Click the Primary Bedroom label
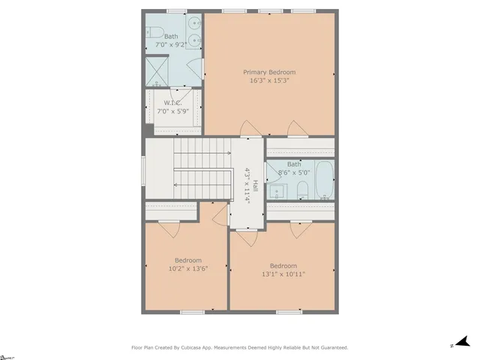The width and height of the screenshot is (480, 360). tap(268, 72)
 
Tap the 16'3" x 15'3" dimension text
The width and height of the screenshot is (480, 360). tap(268, 80)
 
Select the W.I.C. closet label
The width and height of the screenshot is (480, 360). tap(172, 103)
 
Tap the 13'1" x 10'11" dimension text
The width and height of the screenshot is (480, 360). tap(283, 274)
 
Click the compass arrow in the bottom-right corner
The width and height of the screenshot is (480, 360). tap(462, 342)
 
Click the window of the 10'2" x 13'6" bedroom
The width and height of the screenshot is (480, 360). tap(192, 312)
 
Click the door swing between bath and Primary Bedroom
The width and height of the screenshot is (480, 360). tap(203, 69)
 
